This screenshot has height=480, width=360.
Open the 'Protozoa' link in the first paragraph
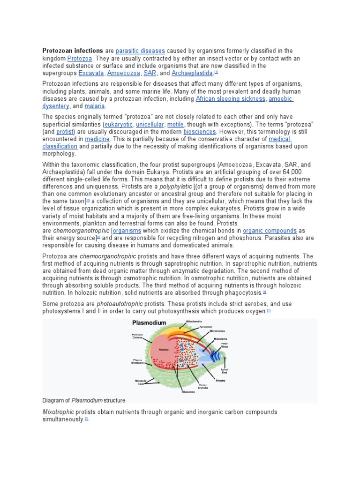point(80,58)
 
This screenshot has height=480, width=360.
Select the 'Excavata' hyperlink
point(91,73)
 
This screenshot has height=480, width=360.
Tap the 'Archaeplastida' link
point(193,73)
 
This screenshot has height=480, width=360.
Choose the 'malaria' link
point(95,106)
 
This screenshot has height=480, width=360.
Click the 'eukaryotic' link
point(119,124)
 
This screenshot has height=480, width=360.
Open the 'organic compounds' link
point(270,231)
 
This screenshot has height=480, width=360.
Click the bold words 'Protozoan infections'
point(73,51)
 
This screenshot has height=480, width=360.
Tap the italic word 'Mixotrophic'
point(58,412)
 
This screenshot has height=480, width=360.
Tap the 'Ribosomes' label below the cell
point(188,391)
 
